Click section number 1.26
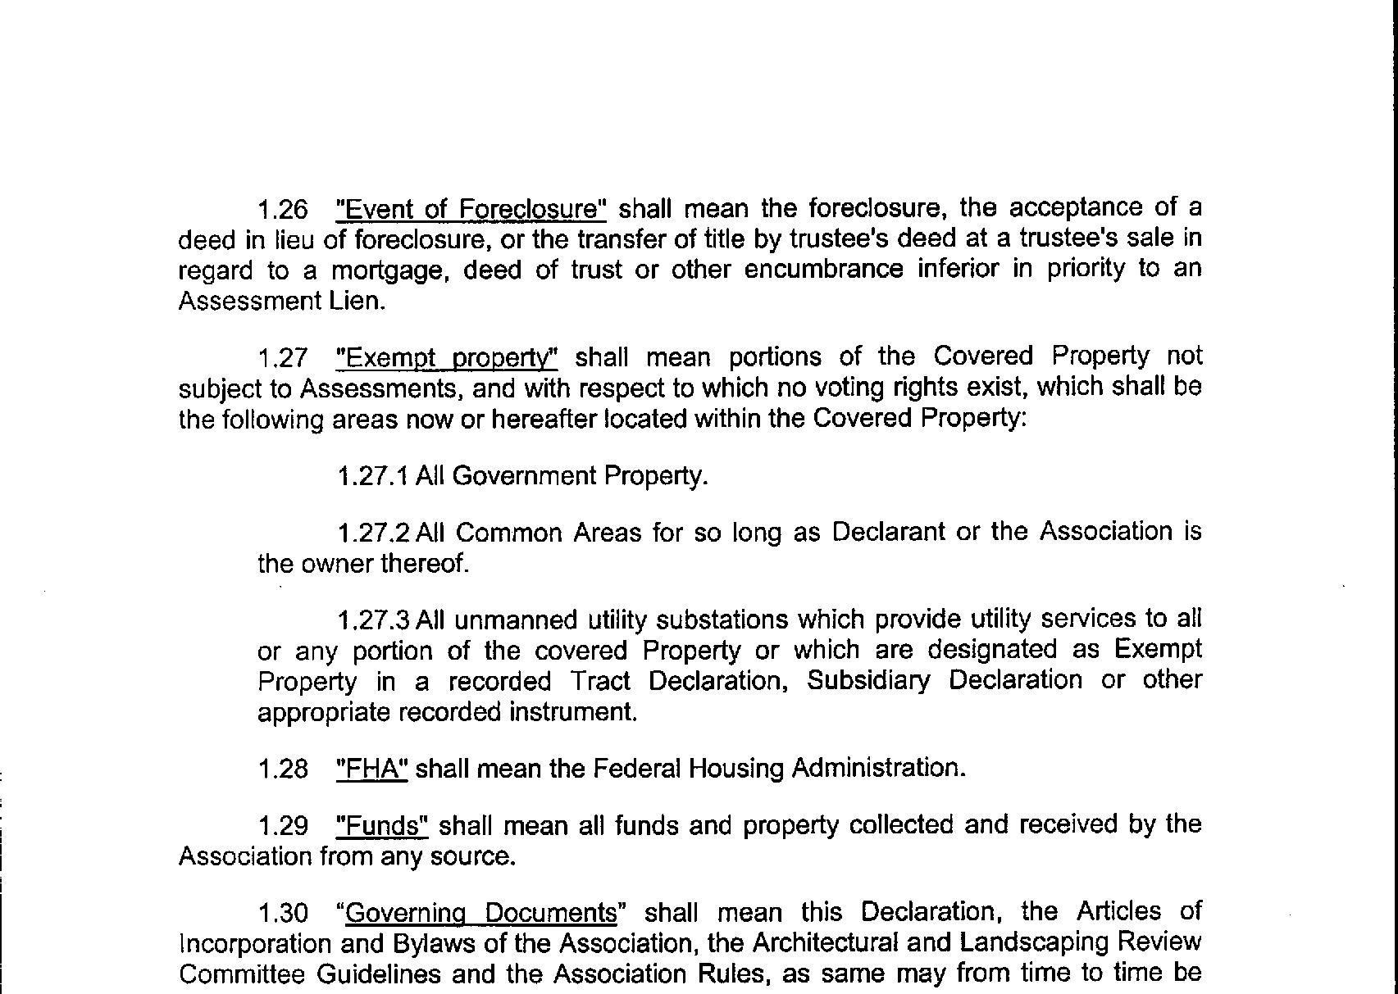283,210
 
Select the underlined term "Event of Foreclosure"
471,210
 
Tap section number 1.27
283,358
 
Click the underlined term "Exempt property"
448,358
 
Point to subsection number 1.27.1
373,476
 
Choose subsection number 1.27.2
373,533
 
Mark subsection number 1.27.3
373,620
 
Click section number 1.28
283,769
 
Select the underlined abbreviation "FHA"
372,769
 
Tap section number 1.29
283,825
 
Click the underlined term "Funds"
383,825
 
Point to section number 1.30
283,913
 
